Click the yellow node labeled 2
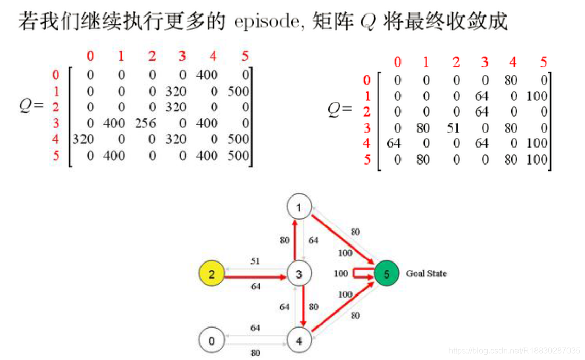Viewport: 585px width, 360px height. pos(211,273)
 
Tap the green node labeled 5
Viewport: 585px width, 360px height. pos(387,274)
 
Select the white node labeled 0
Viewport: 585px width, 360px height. pos(211,340)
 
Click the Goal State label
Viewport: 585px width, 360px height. pos(426,274)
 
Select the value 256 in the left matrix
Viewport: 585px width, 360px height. pos(145,123)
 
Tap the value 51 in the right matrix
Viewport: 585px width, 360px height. pos(454,128)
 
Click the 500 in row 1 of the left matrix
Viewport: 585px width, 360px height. pos(238,91)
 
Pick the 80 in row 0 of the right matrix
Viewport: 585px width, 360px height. pos(511,80)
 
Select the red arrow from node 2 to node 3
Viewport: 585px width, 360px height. pos(255,277)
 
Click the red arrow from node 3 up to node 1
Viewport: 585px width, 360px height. pos(295,240)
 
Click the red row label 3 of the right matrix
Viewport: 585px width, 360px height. pos(367,128)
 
